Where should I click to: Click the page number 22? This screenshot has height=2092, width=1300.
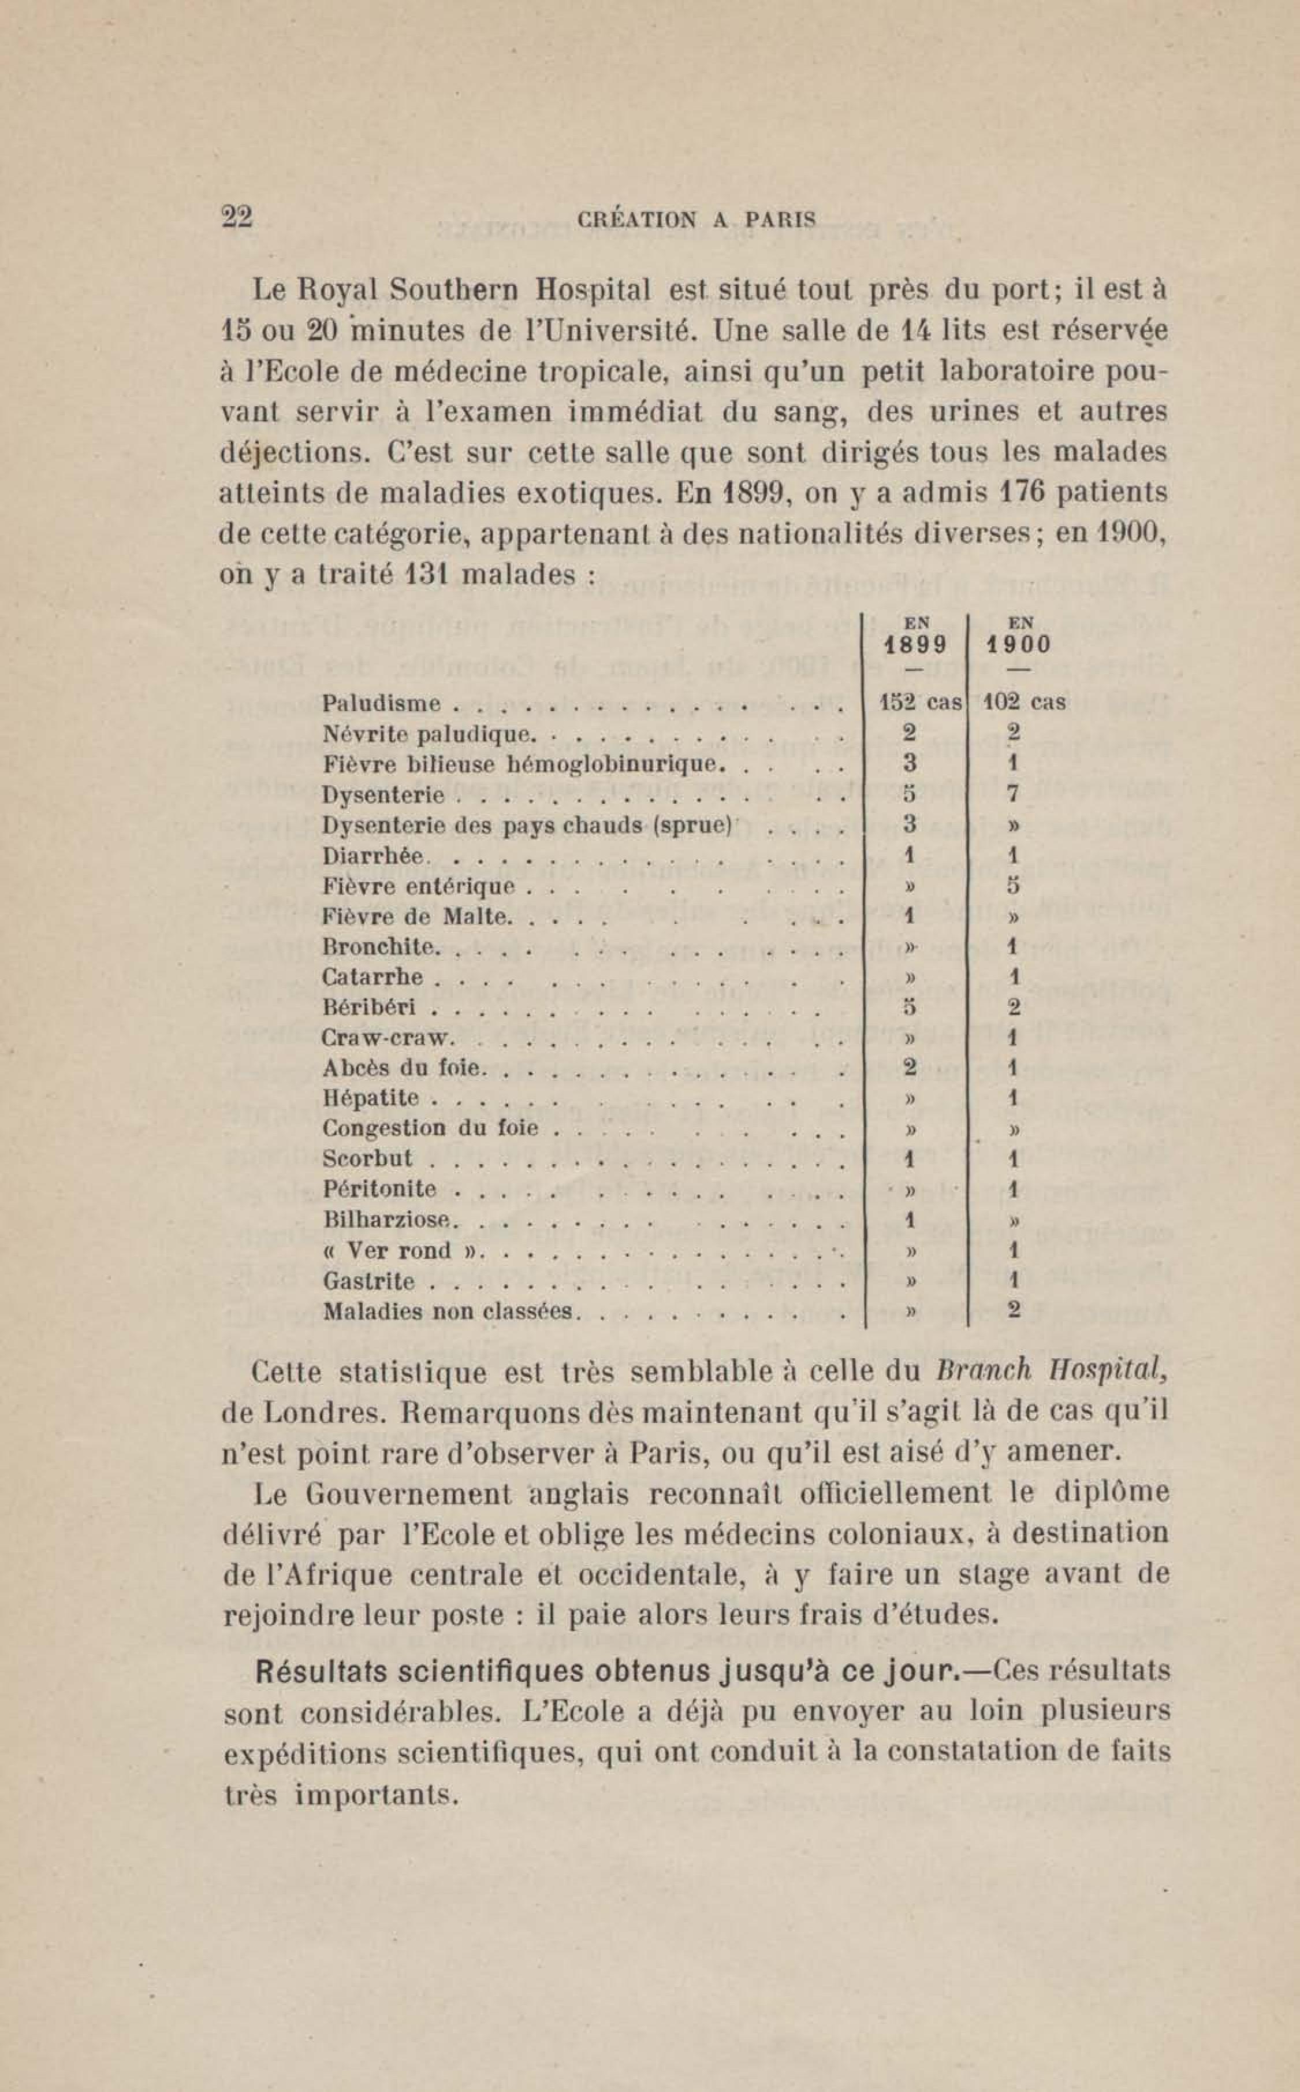point(237,216)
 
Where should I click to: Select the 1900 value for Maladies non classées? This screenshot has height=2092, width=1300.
point(1014,1310)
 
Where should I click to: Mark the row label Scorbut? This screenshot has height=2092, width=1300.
point(367,1158)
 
